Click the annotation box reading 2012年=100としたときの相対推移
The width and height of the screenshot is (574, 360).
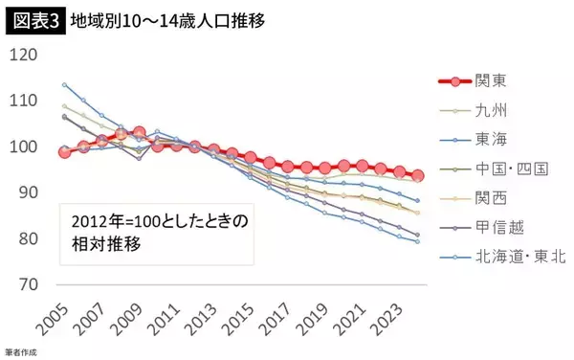[156, 233]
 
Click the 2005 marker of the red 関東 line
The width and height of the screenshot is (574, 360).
[65, 151]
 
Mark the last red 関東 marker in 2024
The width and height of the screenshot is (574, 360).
[418, 175]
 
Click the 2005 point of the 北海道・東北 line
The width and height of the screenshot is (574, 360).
[65, 84]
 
